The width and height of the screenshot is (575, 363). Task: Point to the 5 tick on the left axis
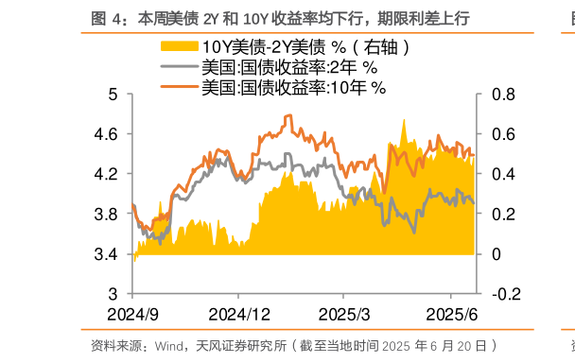[x=113, y=95]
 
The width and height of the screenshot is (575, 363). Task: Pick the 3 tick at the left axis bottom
[x=113, y=294]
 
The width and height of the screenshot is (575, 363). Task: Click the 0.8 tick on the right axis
[x=503, y=95]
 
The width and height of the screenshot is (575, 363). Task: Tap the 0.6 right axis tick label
[x=503, y=134]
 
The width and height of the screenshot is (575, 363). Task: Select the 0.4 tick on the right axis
[x=503, y=174]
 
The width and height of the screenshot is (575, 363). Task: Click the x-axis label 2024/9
[x=132, y=314]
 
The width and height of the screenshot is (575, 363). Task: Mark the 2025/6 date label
[x=450, y=314]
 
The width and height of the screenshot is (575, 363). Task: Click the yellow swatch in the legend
[x=180, y=47]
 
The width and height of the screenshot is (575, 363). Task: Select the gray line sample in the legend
[x=180, y=67]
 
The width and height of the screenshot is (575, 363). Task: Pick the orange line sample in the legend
[x=180, y=87]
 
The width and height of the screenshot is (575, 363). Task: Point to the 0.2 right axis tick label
[x=503, y=215]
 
